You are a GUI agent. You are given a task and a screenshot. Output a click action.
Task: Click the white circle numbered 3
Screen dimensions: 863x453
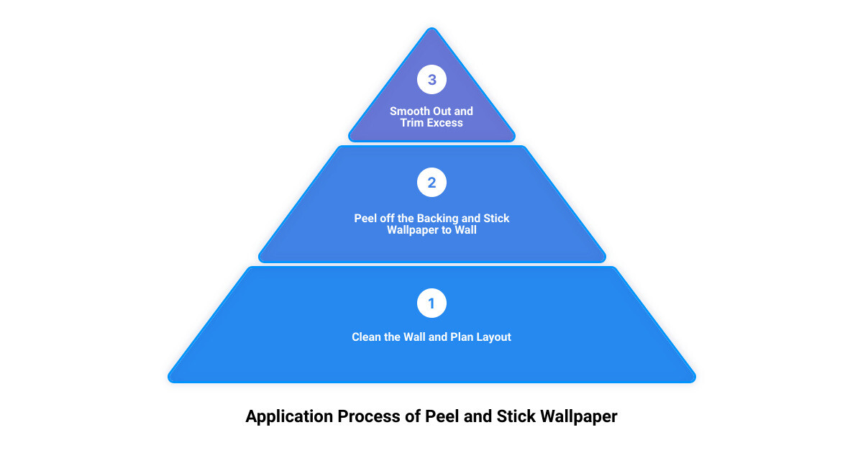(431, 79)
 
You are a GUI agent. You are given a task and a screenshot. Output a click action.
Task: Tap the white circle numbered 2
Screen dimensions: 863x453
(431, 182)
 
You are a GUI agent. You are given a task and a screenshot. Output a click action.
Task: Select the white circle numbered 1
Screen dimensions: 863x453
(431, 303)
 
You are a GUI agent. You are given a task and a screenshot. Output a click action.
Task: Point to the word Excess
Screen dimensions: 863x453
(446, 123)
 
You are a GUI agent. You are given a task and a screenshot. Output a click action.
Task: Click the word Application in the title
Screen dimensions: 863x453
(290, 417)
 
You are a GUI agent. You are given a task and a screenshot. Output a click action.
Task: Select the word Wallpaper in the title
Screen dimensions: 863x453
(579, 417)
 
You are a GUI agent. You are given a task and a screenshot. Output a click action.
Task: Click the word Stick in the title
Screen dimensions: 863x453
(516, 416)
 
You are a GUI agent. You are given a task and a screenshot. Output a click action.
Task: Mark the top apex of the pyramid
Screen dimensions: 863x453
(432, 28)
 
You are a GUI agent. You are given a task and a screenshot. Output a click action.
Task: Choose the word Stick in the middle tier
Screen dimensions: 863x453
(496, 219)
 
